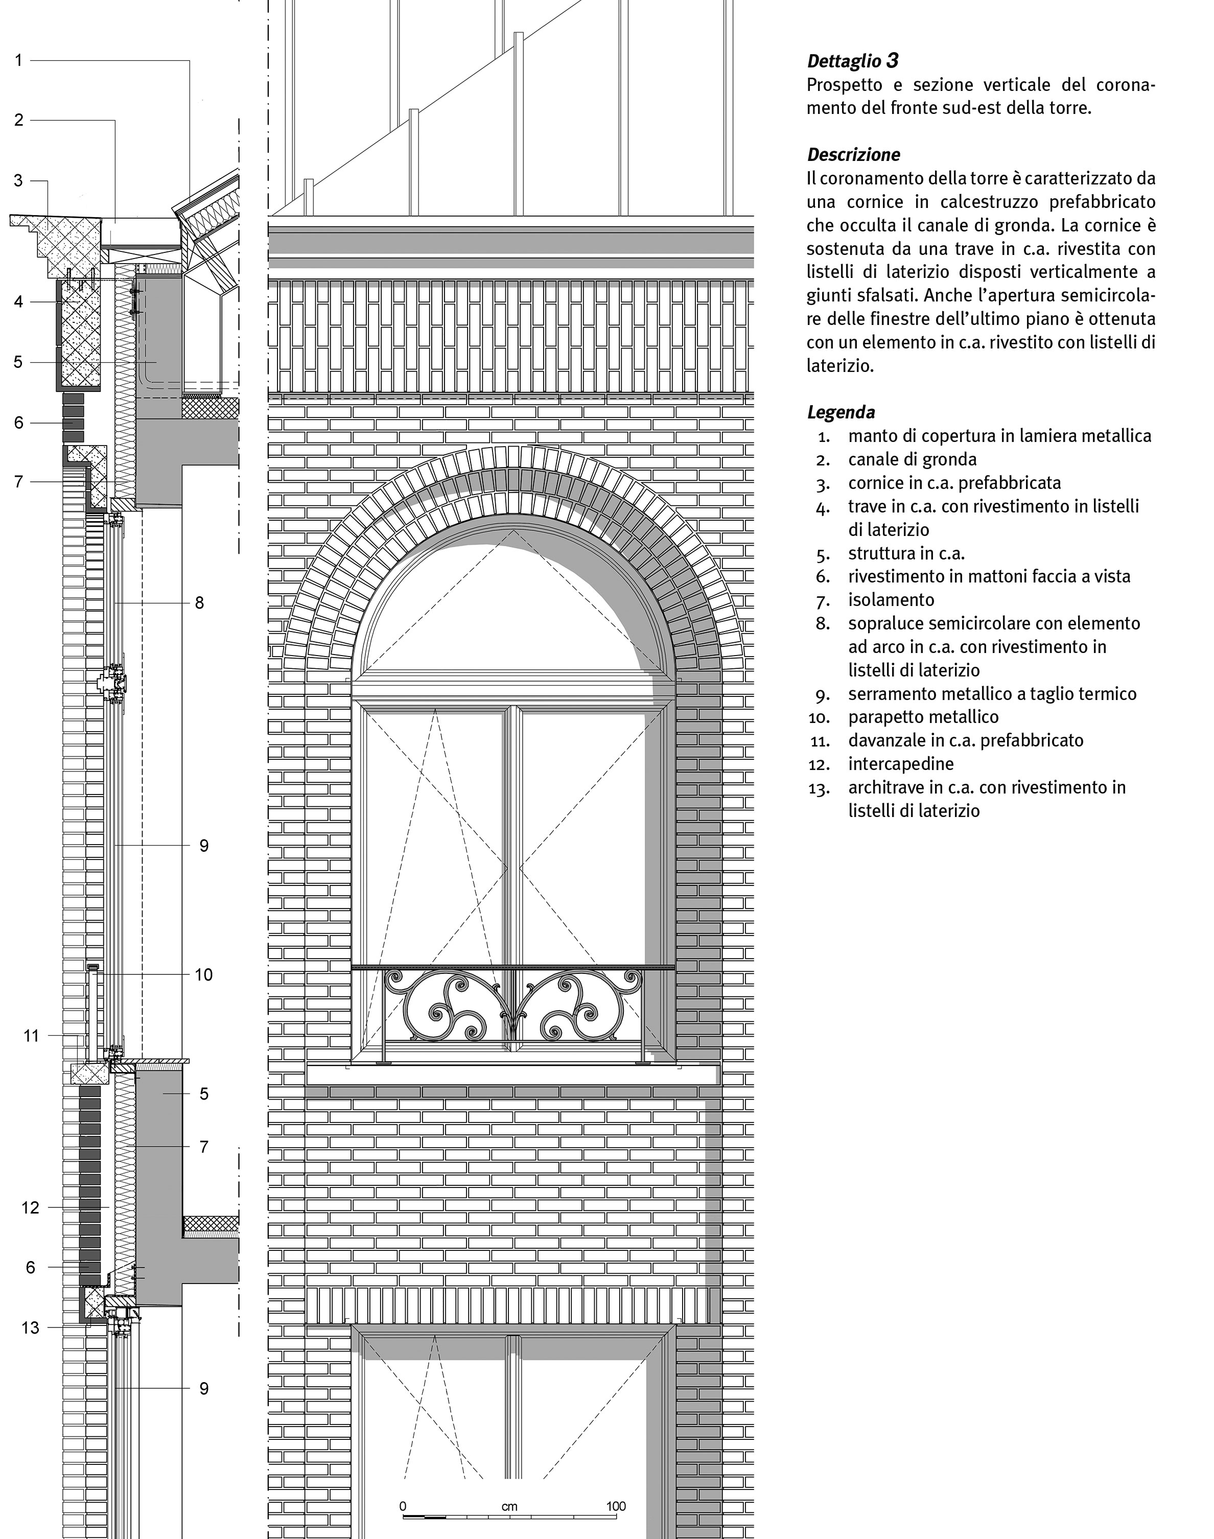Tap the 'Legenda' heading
841,412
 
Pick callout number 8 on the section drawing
200,603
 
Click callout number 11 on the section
31,1036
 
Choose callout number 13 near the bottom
31,1328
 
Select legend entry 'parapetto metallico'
923,717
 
